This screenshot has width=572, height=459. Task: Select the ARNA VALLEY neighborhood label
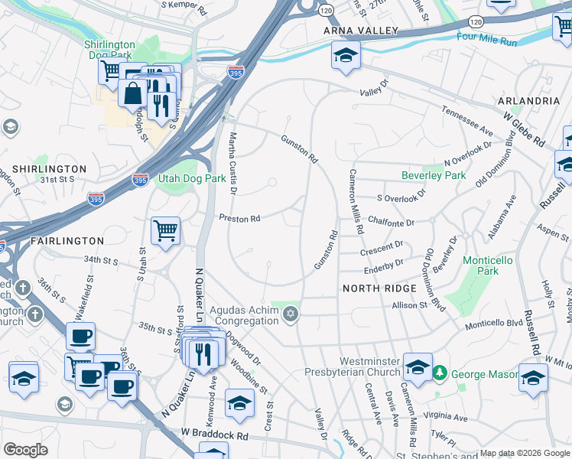pos(361,31)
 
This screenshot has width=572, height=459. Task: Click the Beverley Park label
pos(434,175)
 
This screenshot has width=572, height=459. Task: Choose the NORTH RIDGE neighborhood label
pos(379,288)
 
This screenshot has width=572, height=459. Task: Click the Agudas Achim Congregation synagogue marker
pos(290,314)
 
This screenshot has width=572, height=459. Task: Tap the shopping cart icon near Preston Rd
pos(166,229)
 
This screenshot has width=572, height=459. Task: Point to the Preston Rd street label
pos(240,219)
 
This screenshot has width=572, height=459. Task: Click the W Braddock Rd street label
pos(216,435)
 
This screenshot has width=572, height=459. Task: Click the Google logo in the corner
pos(25,450)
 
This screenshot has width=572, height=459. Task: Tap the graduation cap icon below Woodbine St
pos(239,403)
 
